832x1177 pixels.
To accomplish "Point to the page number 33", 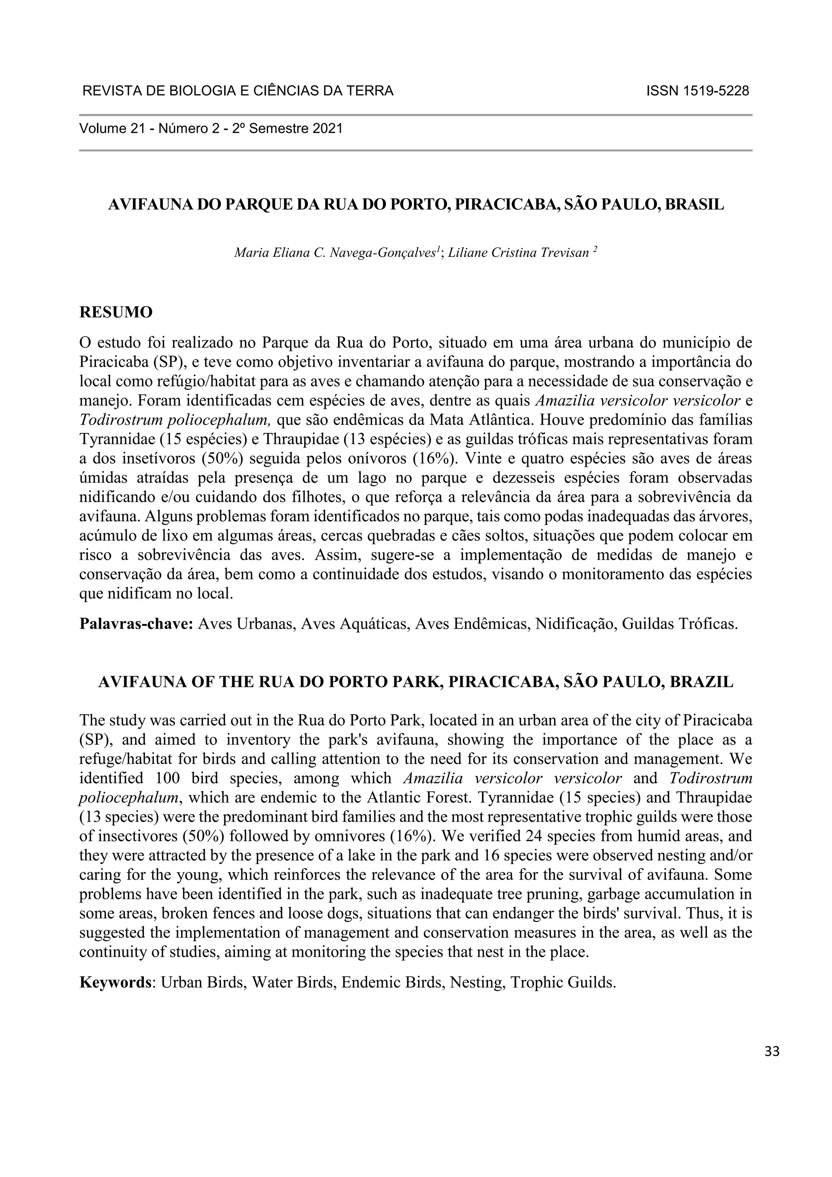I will (x=771, y=1051).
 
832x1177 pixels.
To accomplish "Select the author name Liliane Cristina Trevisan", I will (x=518, y=253).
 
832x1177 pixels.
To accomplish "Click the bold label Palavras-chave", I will (x=136, y=624).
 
